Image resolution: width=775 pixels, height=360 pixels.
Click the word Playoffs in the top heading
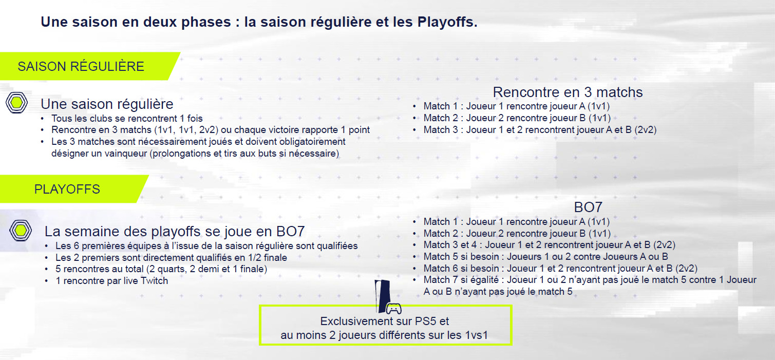pyautogui.click(x=446, y=22)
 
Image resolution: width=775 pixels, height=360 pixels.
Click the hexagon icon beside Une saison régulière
pyautogui.click(x=16, y=102)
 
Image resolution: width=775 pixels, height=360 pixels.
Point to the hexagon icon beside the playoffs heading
pyautogui.click(x=21, y=230)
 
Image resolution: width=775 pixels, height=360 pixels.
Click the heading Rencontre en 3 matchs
pyautogui.click(x=568, y=92)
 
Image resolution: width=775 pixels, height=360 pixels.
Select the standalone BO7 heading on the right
pyautogui.click(x=588, y=207)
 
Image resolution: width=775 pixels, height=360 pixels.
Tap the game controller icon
pyautogui.click(x=394, y=308)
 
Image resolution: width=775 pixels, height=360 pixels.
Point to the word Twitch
pyautogui.click(x=154, y=281)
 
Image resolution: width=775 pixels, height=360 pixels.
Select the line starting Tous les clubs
pyautogui.click(x=127, y=119)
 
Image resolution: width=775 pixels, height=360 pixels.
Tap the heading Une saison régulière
pyautogui.click(x=107, y=104)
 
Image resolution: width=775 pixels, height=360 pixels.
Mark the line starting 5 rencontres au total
pyautogui.click(x=161, y=269)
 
